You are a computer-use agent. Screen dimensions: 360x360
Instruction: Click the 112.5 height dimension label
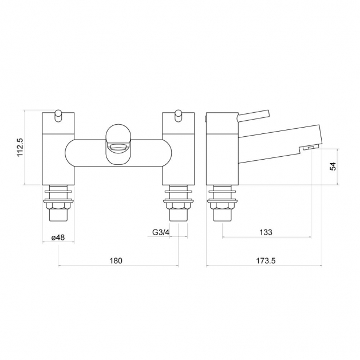[21, 147]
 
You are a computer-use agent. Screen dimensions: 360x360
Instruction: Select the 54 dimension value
[333, 166]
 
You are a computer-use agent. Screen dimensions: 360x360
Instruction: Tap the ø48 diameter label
[58, 237]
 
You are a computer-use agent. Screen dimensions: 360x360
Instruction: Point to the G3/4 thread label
[161, 232]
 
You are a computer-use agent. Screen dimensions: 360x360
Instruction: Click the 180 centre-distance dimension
[116, 260]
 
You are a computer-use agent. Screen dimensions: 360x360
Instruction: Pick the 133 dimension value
[266, 232]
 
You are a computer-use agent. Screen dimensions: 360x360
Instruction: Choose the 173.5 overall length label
[266, 260]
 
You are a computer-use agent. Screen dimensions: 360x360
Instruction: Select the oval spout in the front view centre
[118, 144]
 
